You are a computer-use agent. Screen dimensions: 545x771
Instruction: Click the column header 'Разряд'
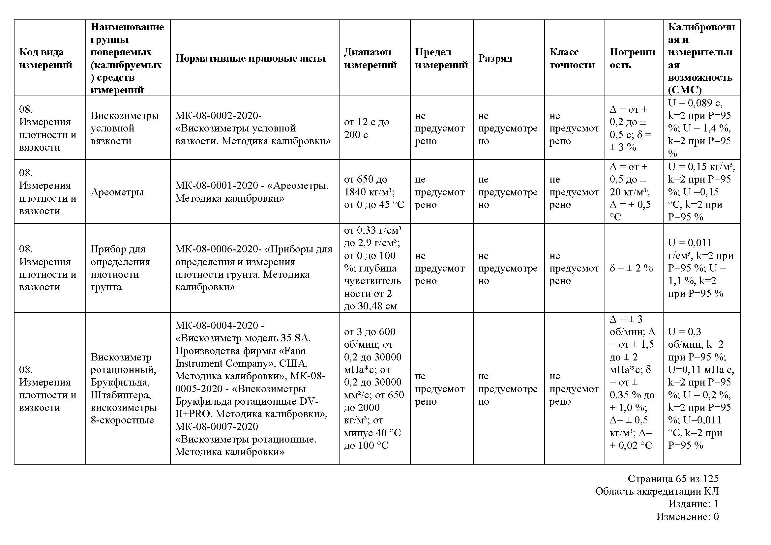[495, 58]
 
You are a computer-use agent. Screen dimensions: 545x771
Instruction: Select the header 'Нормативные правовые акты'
[251, 58]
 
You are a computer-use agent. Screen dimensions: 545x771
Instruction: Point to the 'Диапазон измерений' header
[370, 58]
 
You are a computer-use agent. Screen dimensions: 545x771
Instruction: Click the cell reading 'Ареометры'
[117, 192]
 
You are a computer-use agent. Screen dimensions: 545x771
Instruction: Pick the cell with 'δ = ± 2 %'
[631, 268]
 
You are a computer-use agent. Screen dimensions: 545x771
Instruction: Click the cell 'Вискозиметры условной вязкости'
[125, 128]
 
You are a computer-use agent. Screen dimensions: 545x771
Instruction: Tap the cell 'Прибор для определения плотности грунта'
[120, 268]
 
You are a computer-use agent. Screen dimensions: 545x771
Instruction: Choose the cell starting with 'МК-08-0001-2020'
[252, 192]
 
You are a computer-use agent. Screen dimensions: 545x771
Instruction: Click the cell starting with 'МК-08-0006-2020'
[253, 268]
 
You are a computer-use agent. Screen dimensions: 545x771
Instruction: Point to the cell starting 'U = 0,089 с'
[700, 128]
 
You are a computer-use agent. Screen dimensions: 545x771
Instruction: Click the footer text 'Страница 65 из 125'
[673, 479]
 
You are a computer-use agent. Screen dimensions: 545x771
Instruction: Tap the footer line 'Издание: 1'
[693, 504]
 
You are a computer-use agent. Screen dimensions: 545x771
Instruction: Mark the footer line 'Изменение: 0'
[687, 517]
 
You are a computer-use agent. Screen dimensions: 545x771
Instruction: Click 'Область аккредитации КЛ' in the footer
[657, 492]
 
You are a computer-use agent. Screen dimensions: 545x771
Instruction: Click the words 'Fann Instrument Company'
[240, 358]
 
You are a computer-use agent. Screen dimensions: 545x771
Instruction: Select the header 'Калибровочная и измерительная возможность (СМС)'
[701, 58]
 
